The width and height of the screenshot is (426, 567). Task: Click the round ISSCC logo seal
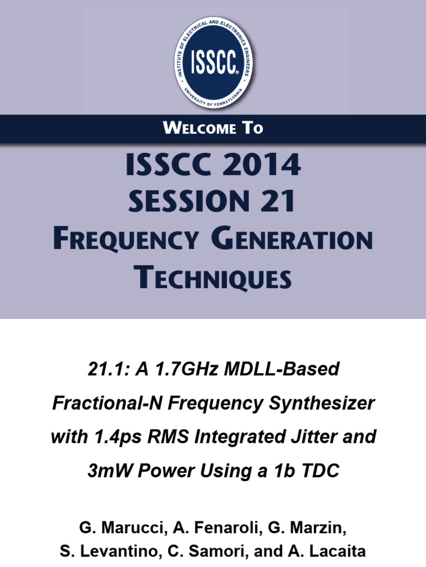point(213,63)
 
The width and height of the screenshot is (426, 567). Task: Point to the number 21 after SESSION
point(277,202)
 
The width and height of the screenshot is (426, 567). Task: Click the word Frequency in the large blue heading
point(125,240)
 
